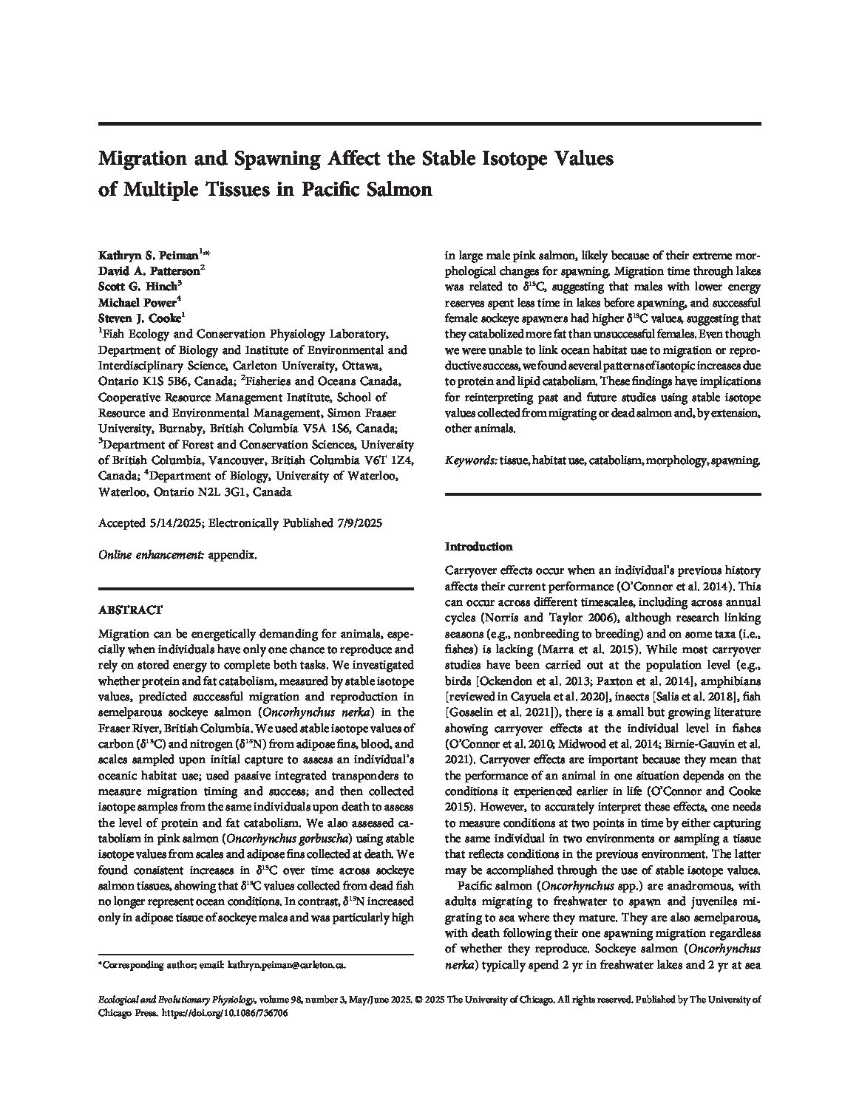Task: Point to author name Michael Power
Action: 137,302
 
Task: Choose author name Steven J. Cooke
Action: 139,318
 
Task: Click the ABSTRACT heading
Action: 130,610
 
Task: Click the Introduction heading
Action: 478,547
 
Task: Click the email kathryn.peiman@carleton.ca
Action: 287,965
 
